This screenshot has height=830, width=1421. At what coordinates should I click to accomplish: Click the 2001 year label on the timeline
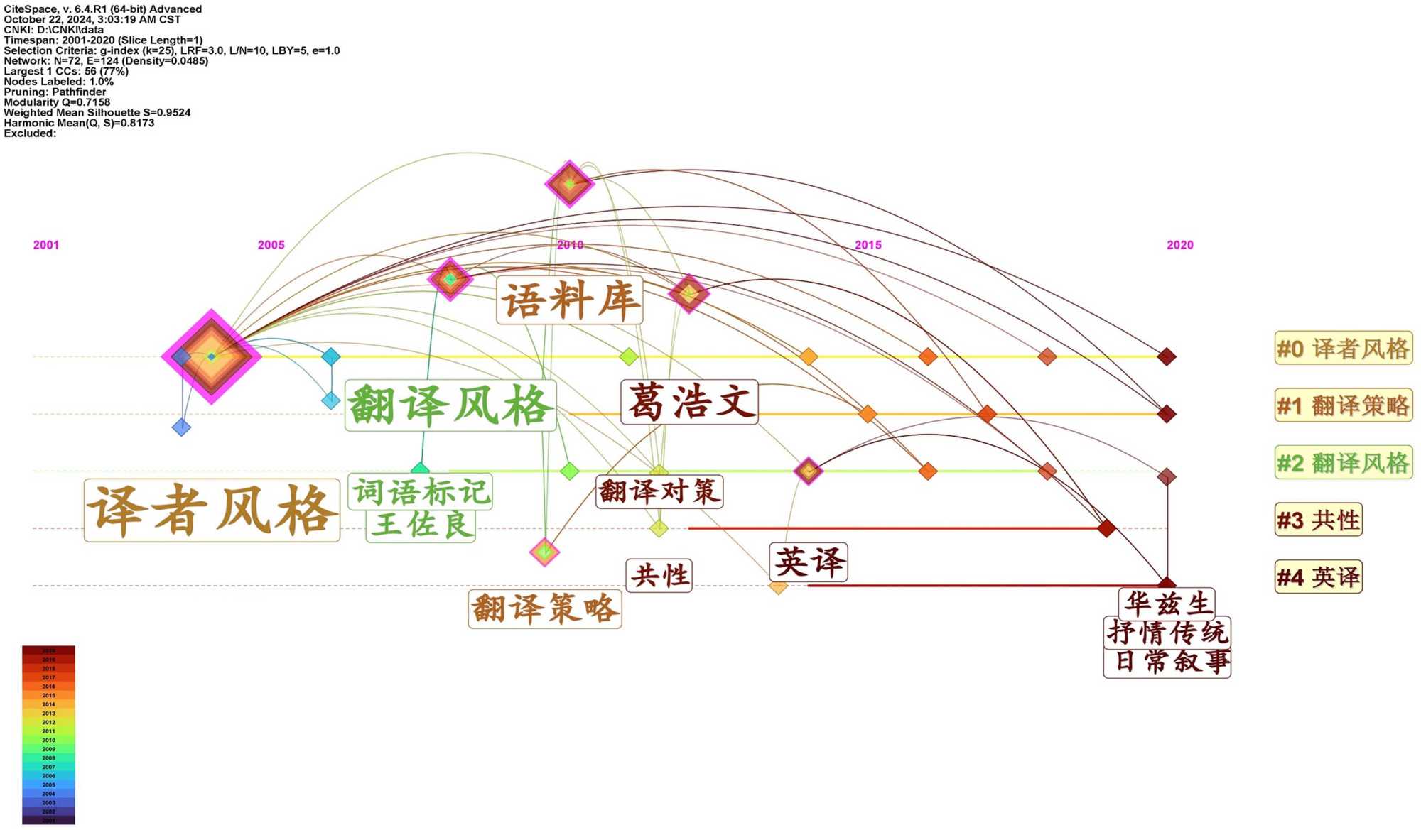click(46, 245)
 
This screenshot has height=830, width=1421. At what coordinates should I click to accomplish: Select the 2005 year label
click(271, 245)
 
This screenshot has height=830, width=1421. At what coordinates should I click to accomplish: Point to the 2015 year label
click(868, 245)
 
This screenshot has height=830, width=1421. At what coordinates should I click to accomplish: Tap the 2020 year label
click(1179, 245)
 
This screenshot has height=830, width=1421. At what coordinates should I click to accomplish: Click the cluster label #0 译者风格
click(1342, 349)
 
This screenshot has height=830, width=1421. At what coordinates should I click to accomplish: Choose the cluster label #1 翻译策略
click(1342, 405)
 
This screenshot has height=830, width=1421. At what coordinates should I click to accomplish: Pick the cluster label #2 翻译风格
click(1342, 463)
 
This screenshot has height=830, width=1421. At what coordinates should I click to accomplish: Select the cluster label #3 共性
click(1318, 520)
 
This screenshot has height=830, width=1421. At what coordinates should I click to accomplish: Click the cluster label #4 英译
click(1318, 577)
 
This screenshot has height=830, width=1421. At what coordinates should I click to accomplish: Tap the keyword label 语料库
click(569, 300)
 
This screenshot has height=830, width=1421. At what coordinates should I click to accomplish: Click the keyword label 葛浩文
click(688, 402)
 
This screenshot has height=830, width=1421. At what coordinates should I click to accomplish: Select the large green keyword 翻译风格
click(450, 405)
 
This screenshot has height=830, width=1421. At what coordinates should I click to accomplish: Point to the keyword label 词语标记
click(421, 492)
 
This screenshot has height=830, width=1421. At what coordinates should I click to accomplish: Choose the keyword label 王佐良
click(421, 525)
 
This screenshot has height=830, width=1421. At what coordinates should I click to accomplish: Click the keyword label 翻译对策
click(659, 491)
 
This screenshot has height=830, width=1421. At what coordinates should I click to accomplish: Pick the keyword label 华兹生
click(1167, 604)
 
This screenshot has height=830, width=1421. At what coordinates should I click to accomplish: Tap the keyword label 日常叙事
click(1167, 662)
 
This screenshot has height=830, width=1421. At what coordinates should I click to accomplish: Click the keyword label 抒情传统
click(1167, 633)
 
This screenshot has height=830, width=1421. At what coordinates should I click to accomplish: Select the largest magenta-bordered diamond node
click(211, 356)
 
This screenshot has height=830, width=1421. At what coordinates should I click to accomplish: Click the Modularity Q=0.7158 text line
click(57, 102)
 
